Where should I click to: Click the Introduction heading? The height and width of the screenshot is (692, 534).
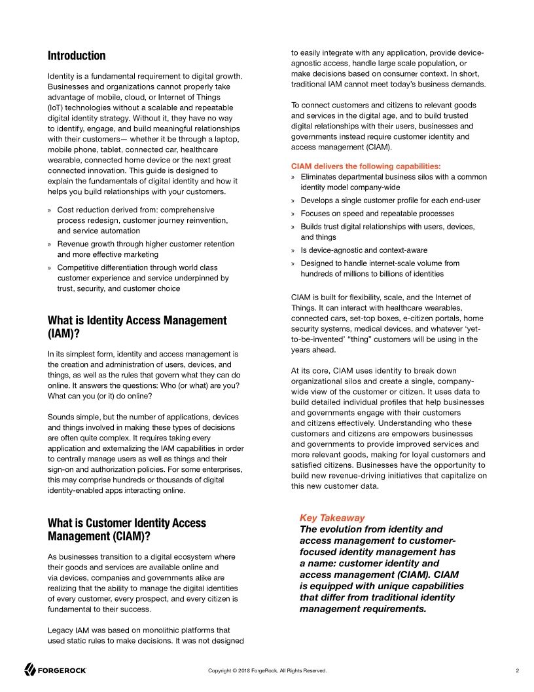tap(77, 56)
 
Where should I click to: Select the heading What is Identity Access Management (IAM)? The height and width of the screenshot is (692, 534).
tap(137, 327)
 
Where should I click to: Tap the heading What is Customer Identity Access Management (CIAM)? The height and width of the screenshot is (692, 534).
tap(126, 529)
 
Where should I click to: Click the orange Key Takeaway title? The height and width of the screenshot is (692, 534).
tap(332, 518)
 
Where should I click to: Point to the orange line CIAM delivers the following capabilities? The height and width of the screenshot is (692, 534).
tap(365, 166)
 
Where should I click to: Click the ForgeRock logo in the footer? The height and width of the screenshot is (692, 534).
tap(56, 670)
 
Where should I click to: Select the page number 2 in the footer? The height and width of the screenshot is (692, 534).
tap(517, 670)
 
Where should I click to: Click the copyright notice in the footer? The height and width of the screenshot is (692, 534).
tap(267, 670)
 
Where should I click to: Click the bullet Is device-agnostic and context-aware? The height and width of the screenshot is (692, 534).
tap(364, 250)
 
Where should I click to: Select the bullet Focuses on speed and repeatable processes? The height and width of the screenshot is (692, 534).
tap(377, 214)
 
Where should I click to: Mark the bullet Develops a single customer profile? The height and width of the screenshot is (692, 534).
tap(390, 201)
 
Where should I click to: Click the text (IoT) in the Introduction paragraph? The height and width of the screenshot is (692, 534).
tap(57, 107)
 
